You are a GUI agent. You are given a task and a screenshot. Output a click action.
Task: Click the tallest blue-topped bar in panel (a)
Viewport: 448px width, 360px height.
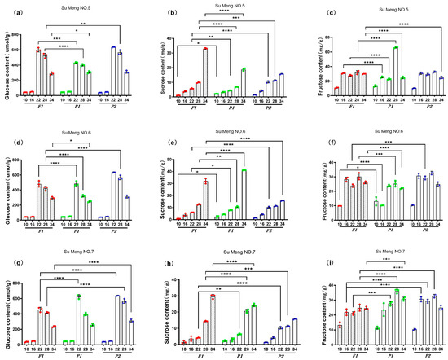click(113, 72)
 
